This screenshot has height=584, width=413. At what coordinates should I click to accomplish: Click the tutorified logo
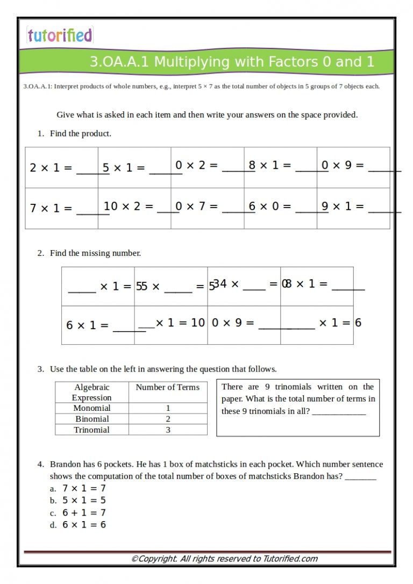(60, 35)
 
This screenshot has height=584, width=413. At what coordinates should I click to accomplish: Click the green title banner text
(232, 62)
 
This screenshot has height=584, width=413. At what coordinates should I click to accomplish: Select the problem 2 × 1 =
(51, 168)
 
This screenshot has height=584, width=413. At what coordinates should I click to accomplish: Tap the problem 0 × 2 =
(196, 166)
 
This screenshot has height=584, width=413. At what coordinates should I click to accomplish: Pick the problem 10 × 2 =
(129, 206)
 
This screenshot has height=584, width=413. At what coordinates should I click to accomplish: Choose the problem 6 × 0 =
(270, 206)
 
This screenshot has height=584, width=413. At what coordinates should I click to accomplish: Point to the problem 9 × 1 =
(343, 206)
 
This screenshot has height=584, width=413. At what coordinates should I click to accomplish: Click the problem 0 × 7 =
(196, 206)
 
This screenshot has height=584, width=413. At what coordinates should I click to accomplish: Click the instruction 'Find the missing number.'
(95, 253)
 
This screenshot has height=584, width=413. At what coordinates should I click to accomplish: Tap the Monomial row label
(91, 408)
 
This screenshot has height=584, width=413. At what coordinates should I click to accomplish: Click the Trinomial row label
(91, 430)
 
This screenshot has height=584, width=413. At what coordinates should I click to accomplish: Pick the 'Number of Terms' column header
(167, 387)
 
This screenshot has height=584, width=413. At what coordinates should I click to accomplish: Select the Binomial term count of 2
(168, 419)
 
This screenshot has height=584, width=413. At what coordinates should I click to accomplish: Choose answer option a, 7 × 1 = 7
(84, 488)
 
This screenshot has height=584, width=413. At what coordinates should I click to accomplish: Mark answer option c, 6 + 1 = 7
(84, 512)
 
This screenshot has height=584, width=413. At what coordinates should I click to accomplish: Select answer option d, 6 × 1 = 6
(84, 524)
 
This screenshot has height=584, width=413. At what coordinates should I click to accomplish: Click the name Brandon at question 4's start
(65, 464)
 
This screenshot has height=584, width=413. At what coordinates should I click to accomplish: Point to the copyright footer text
(224, 559)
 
